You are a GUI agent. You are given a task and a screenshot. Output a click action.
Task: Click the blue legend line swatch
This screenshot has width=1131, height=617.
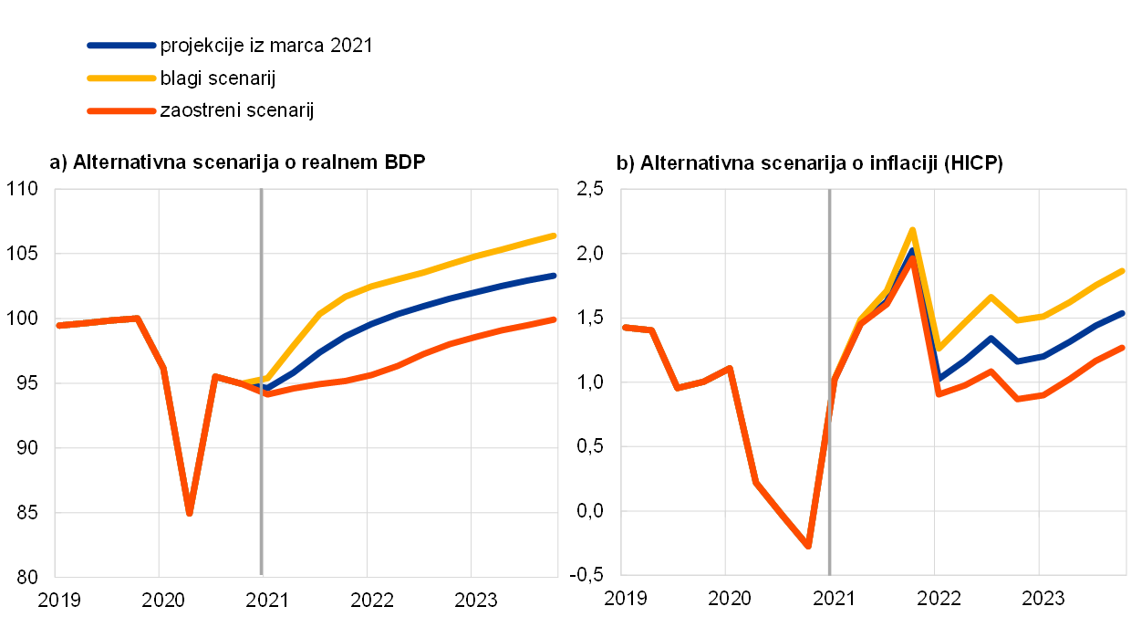tap(121, 45)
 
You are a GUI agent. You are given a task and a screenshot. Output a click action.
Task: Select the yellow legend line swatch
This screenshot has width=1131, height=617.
tap(121, 78)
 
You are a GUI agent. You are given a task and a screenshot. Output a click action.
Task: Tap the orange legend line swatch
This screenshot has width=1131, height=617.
tap(121, 110)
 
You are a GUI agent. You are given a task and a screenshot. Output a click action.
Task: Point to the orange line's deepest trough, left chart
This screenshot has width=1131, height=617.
tap(189, 513)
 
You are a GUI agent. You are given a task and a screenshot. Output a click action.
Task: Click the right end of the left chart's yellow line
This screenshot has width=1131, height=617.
tap(555, 235)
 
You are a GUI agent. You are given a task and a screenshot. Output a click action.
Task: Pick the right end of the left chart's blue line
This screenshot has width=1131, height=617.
tap(555, 275)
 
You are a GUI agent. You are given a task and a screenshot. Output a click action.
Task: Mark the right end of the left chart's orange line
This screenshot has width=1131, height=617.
tap(555, 319)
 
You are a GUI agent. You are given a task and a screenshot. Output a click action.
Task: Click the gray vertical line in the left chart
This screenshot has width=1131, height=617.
tap(262, 456)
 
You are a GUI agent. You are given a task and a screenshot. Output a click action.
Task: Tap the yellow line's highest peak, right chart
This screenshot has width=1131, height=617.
tap(912, 229)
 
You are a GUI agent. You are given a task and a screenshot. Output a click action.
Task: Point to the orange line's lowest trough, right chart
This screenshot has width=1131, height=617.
tap(808, 546)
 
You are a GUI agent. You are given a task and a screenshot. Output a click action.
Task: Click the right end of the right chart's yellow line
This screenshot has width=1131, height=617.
tap(1123, 270)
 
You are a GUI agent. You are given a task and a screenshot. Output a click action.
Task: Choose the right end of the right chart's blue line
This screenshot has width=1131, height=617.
tap(1123, 313)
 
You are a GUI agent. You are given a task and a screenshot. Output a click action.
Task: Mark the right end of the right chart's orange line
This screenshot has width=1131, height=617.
tap(1123, 347)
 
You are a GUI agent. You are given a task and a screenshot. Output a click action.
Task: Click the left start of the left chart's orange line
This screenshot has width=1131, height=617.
tap(58, 325)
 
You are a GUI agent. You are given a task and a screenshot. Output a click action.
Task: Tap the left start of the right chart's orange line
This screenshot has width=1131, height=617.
tap(625, 327)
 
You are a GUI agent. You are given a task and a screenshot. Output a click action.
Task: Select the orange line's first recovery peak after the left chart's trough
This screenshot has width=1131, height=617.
tap(214, 376)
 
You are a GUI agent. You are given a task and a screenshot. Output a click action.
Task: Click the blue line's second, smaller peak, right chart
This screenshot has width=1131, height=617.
tap(991, 338)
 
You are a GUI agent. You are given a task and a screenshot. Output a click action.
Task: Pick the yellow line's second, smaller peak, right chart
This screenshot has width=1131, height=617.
tap(991, 297)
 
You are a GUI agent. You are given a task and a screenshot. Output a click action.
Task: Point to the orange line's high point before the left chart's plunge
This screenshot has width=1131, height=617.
tap(136, 318)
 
